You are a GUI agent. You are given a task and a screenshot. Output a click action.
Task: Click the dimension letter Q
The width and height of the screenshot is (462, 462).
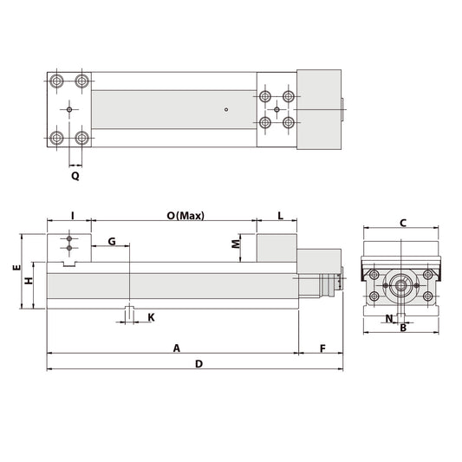click(x=75, y=175)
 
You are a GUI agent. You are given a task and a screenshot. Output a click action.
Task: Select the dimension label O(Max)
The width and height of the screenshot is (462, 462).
click(x=185, y=216)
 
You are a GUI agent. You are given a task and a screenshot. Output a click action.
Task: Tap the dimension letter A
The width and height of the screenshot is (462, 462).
click(x=176, y=348)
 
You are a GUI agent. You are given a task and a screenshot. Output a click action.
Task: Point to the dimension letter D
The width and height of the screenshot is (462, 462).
click(x=198, y=364)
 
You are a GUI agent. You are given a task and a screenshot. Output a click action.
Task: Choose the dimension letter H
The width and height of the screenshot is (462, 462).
click(x=28, y=281)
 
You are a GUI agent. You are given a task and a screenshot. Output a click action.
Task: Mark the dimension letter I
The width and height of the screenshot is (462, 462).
click(x=73, y=216)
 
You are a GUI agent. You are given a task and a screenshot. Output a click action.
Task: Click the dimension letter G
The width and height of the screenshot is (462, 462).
click(x=112, y=240)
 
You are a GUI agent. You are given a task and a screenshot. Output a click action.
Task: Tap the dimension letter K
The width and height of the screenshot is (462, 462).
click(x=151, y=317)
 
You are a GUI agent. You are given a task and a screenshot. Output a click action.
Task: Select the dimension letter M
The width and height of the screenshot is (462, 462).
click(x=236, y=244)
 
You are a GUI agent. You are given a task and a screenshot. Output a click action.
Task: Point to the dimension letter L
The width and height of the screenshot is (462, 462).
click(x=281, y=216)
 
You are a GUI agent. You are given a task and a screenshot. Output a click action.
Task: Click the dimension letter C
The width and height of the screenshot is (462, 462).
click(x=403, y=223)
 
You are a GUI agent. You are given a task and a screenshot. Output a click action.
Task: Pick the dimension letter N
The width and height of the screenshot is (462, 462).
click(x=387, y=319)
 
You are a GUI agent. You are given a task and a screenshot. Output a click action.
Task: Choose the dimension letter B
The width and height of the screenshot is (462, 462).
click(x=403, y=328)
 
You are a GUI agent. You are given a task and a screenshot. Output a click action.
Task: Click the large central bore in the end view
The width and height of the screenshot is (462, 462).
click(x=400, y=284)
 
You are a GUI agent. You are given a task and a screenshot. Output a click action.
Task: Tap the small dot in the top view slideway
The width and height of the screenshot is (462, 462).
click(x=224, y=109)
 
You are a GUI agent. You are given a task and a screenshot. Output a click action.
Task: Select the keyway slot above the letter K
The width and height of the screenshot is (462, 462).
click(x=128, y=313)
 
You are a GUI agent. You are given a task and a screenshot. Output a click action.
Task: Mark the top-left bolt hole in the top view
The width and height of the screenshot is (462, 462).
click(x=57, y=81)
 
